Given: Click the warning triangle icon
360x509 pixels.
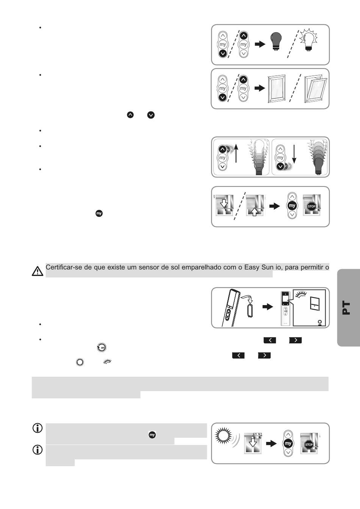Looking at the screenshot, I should (x=38, y=271).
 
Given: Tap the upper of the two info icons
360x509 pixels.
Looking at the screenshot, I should (x=38, y=428).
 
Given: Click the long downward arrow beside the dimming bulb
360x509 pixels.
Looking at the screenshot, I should (x=294, y=156).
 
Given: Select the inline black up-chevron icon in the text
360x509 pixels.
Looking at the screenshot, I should (x=130, y=114).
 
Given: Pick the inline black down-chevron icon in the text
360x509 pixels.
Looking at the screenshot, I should (x=151, y=114).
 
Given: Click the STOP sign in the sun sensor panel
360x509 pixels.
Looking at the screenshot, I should (x=309, y=444).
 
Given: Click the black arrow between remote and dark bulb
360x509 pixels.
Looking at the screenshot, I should (x=260, y=44).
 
